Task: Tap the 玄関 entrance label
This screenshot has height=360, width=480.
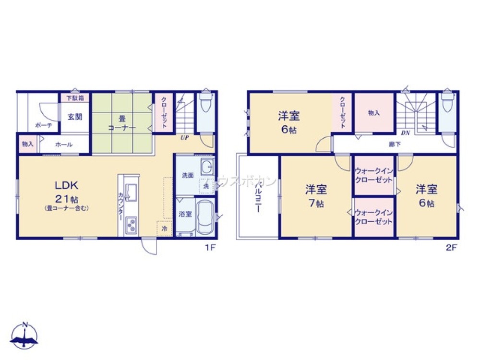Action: click(x=74, y=117)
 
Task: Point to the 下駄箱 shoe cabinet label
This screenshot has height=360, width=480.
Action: click(x=74, y=98)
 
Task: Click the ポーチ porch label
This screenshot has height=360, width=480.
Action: click(x=40, y=125)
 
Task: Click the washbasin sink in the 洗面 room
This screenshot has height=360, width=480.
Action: click(x=207, y=168)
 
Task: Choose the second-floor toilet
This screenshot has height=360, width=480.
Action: click(x=447, y=106)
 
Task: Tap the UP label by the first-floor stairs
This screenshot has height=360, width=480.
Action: click(x=184, y=138)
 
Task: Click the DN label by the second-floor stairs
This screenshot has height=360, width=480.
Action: click(x=405, y=133)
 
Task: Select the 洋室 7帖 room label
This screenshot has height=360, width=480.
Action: click(x=315, y=196)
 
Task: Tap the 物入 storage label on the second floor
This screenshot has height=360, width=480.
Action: click(x=374, y=113)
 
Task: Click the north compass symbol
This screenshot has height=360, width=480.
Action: click(x=24, y=336)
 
